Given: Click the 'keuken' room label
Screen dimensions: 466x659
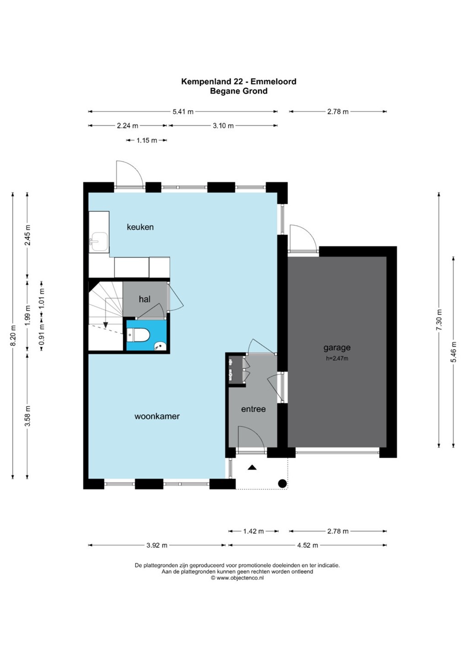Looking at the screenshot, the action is click(x=140, y=227).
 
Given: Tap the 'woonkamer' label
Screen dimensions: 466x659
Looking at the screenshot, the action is click(x=157, y=416).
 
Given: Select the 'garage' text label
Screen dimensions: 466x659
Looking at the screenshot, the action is click(x=337, y=348).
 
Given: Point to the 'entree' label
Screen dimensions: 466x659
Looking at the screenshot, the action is click(x=253, y=409).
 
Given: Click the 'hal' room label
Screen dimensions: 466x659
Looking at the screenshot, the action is click(x=145, y=299).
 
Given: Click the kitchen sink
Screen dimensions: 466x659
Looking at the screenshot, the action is click(x=99, y=242).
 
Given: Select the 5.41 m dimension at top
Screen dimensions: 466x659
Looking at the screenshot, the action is click(x=183, y=112).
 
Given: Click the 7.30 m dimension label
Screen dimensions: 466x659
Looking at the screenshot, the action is click(x=439, y=320).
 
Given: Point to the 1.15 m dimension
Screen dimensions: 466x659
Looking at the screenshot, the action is click(x=146, y=140).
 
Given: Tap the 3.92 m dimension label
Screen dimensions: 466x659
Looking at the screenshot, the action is click(x=157, y=545).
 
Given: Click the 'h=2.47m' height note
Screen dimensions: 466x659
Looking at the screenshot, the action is click(x=337, y=358).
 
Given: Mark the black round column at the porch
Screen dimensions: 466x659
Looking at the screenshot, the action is click(x=282, y=483).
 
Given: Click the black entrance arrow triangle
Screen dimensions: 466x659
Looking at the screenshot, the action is click(x=252, y=467).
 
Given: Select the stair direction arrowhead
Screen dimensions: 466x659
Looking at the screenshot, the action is click(x=106, y=325).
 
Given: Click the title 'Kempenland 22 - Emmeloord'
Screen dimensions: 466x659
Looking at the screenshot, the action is click(x=238, y=81).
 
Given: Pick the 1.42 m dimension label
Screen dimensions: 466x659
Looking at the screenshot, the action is click(x=253, y=531).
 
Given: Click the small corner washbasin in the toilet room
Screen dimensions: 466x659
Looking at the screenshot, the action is click(x=160, y=346).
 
